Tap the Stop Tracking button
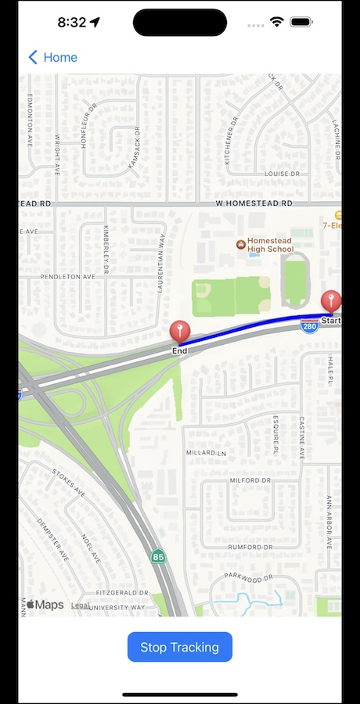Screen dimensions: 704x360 point(180,647)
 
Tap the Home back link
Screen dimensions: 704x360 point(52,57)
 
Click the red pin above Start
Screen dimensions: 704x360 point(331,301)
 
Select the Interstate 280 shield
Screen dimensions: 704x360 point(309,325)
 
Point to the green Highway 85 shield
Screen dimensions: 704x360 point(158,557)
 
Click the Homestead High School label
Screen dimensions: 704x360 point(270,244)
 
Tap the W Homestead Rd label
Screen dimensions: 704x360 point(254,203)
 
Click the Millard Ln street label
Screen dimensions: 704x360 point(206,453)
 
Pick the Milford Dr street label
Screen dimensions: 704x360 point(250,480)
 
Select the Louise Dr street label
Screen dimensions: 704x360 point(283,174)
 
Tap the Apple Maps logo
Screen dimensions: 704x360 point(45,605)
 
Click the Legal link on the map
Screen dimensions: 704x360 point(80,605)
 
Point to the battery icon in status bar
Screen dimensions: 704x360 point(301,22)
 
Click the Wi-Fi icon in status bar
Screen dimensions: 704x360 point(276,22)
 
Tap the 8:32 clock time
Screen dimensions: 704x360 point(71,22)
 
